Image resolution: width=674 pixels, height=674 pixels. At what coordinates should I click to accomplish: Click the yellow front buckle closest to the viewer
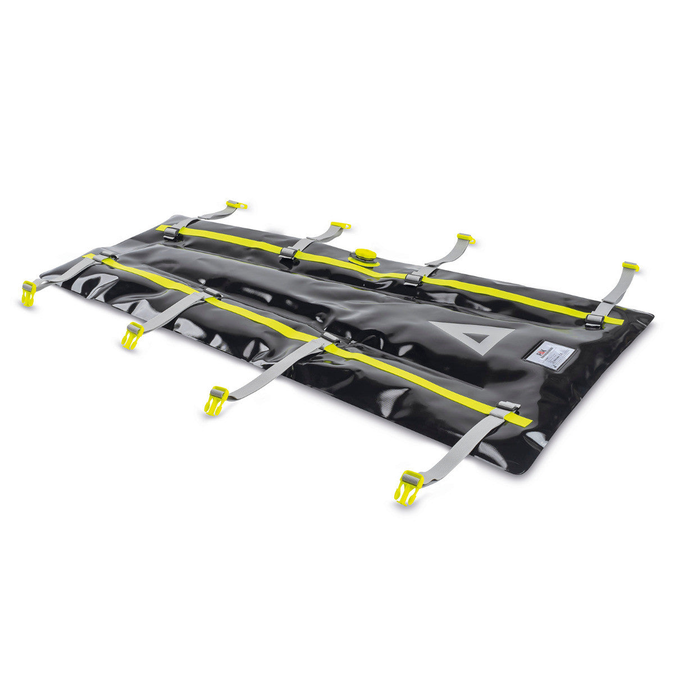tap(408, 486)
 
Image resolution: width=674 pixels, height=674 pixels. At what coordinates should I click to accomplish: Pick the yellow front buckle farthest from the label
tap(28, 293)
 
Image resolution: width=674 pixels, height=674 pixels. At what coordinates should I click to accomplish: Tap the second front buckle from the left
tap(132, 335)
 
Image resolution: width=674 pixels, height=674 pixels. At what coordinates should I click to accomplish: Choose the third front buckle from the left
tap(216, 399)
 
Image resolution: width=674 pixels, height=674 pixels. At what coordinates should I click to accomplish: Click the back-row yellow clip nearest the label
tap(630, 266)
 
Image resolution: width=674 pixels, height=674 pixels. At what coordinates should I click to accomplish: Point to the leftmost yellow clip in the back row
tap(236, 204)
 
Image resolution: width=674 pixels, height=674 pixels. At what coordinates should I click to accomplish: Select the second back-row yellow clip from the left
tap(340, 226)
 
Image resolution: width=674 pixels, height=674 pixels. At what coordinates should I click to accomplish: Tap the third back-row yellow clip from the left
tap(466, 238)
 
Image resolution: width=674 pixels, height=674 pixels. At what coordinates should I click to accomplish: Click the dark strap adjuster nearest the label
tap(594, 321)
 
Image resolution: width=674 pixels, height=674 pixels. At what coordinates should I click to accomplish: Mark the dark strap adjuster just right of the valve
tap(413, 279)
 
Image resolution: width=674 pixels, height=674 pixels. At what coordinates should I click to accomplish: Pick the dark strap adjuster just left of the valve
tap(288, 253)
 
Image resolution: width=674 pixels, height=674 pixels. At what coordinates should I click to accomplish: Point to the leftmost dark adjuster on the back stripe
tap(172, 234)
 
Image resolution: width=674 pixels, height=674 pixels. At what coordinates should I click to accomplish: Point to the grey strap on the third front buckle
tap(275, 368)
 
